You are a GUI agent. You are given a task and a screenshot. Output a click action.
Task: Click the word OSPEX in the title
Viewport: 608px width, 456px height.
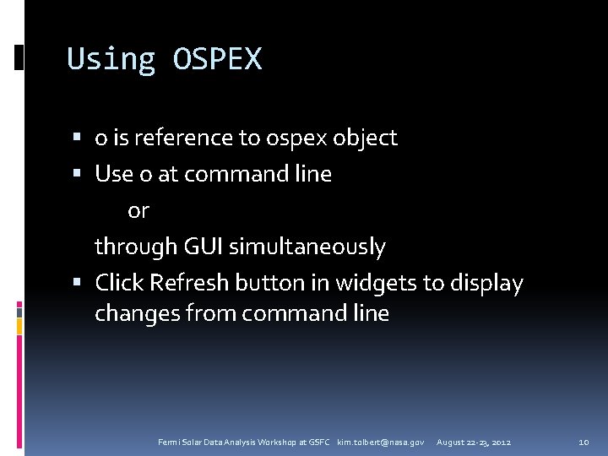pos(217,59)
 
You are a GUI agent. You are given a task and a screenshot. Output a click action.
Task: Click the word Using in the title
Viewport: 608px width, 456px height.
pos(111,59)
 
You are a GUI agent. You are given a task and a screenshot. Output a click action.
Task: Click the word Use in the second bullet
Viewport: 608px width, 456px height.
pos(114,174)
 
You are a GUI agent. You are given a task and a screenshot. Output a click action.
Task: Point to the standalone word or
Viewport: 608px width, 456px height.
pos(138,210)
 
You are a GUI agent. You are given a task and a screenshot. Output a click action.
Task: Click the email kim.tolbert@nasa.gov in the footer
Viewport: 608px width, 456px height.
pos(381,442)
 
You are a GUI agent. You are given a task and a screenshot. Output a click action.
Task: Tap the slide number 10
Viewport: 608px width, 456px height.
pos(584,442)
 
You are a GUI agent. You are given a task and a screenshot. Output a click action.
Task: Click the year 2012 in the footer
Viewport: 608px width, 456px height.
pos(500,442)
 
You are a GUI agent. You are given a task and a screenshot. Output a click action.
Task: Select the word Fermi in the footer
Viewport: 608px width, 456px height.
pos(169,442)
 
